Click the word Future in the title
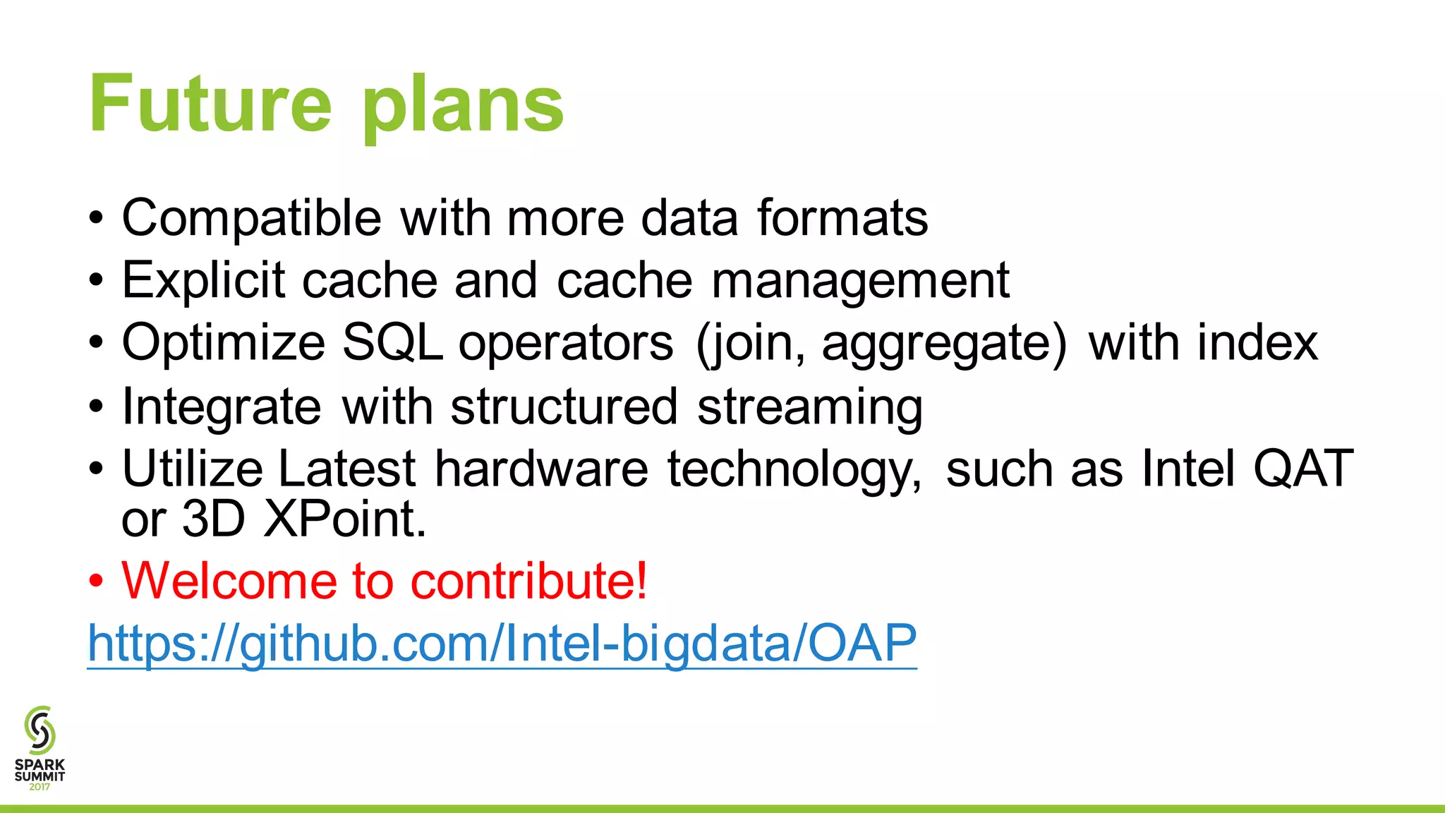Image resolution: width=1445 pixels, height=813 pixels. [x=210, y=104]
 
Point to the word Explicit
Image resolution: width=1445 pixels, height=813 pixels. [x=203, y=280]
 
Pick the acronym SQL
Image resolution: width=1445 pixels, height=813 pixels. [x=392, y=343]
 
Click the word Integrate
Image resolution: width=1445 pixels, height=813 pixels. [x=222, y=407]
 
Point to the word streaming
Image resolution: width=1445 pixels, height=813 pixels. [x=809, y=407]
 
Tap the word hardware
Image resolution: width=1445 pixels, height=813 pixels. [x=540, y=469]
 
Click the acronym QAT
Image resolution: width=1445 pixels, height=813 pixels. [x=1302, y=469]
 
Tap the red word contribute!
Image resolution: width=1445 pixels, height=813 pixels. [x=528, y=581]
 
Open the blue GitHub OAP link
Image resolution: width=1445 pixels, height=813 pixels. [x=502, y=643]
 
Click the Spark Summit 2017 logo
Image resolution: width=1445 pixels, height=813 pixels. [x=40, y=748]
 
